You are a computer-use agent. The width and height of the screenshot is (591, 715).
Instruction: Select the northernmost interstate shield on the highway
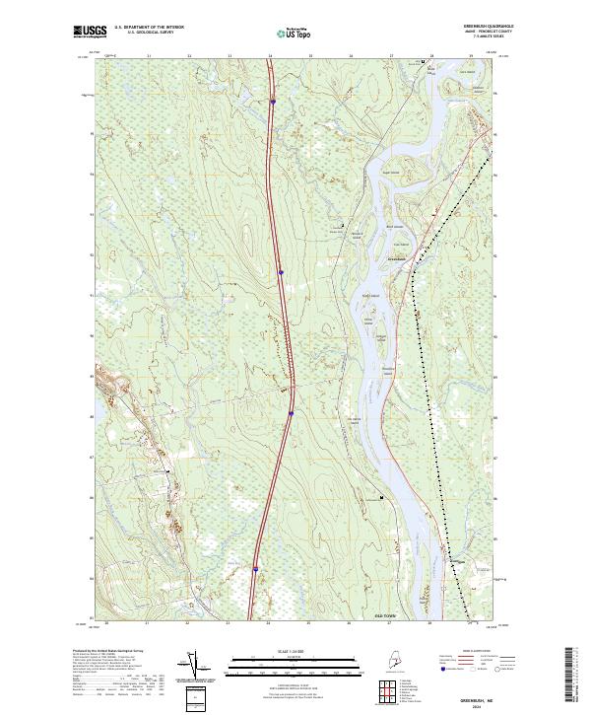[273, 101]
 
